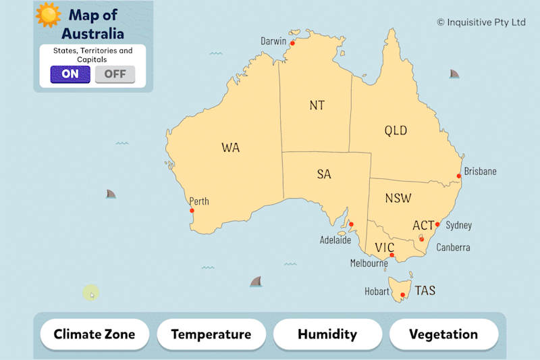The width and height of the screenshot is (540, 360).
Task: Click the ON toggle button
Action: pos(70,74)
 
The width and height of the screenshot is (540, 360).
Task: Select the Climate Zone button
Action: pos(94,334)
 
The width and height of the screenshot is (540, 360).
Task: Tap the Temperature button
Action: pos(211,334)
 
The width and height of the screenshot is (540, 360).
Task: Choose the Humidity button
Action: pos(327,334)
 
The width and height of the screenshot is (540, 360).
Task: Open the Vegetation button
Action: pos(443,334)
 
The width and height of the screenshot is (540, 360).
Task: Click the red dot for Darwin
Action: pos(293,44)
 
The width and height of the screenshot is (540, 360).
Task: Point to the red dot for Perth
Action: pos(192,211)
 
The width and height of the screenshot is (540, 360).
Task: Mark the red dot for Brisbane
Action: pos(459,176)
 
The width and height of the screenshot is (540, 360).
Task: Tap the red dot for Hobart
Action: pos(402,294)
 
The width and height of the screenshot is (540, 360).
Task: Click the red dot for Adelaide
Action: pos(351,225)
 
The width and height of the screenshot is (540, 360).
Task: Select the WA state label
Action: pos(230,148)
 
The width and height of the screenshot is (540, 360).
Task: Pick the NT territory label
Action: pos(317,105)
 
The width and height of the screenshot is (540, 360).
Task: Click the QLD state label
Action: pos(396,130)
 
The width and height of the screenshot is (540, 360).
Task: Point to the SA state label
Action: pos(324,174)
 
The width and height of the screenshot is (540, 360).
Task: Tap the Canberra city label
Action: pos(453,247)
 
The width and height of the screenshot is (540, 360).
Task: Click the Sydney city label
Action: pos(459,226)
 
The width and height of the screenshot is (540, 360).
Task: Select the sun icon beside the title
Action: pos(49,15)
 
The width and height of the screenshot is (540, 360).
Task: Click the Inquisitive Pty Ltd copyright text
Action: pos(481,22)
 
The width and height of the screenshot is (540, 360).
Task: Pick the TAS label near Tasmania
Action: pos(425,291)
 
